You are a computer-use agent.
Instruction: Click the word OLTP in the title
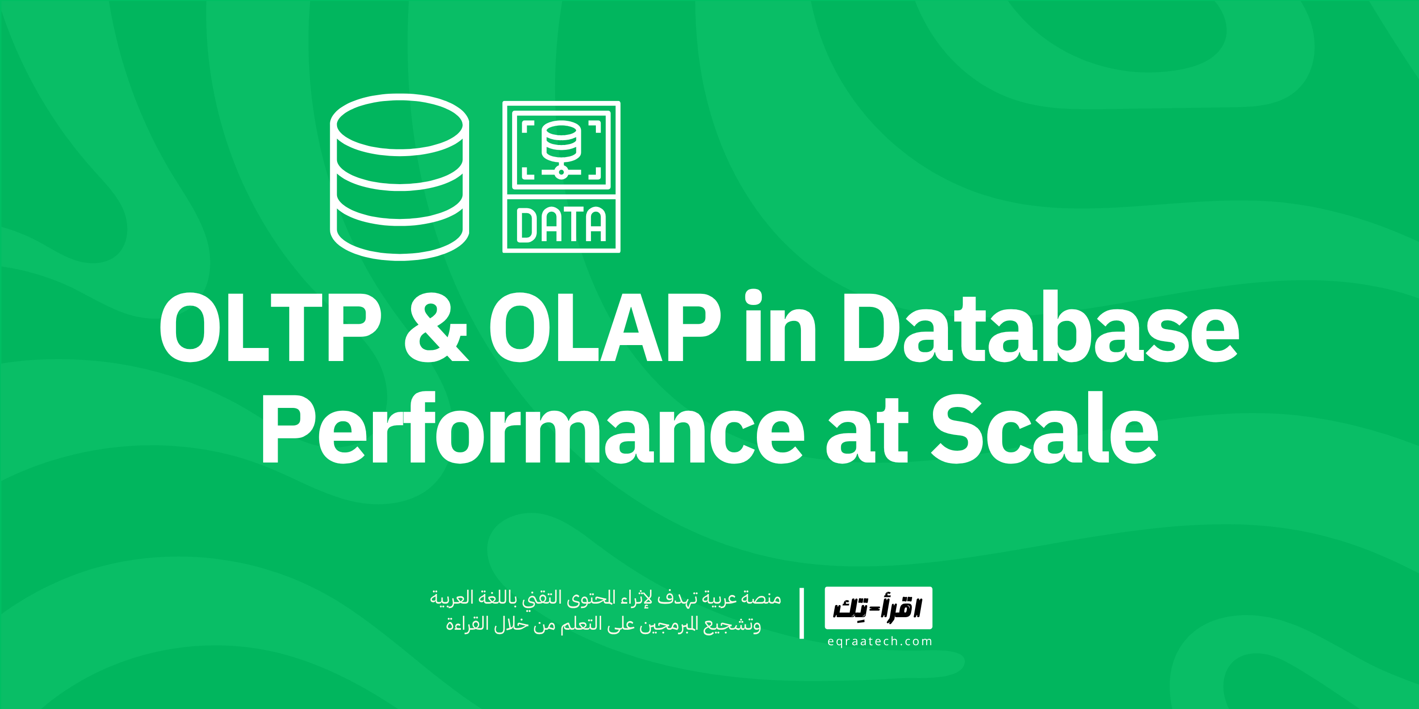tap(270, 328)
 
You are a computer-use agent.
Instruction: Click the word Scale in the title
tap(1044, 429)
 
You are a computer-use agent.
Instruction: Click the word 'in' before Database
tap(780, 327)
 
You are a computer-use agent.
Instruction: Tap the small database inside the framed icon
tap(561, 140)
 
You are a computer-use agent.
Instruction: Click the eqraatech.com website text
tap(879, 641)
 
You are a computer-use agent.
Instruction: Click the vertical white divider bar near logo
tap(801, 613)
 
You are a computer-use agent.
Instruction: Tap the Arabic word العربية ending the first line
tap(451, 597)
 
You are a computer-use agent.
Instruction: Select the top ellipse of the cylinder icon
tap(399, 124)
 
